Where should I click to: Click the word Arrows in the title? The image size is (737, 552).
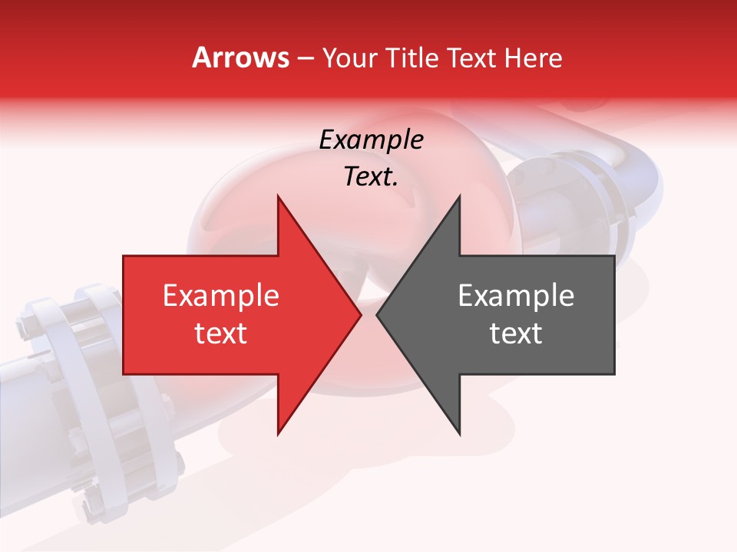tap(241, 58)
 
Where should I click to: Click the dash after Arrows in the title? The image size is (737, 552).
tap(306, 59)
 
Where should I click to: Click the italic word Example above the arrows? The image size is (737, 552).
tap(371, 140)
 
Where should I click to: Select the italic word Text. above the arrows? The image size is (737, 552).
tap(371, 177)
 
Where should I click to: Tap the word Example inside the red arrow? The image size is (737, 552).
tap(221, 296)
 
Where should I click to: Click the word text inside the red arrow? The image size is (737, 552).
tap(221, 333)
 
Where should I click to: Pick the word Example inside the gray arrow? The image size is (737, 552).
tap(516, 296)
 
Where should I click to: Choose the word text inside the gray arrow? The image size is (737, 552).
tap(516, 333)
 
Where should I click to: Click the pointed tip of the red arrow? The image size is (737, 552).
tap(360, 315)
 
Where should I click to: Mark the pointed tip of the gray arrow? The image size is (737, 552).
tap(377, 315)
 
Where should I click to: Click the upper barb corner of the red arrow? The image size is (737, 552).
tap(278, 196)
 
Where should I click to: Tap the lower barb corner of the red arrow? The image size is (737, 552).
tap(278, 435)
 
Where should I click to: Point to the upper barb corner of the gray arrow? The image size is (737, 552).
tap(459, 196)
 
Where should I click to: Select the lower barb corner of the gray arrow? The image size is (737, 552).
tap(459, 435)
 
